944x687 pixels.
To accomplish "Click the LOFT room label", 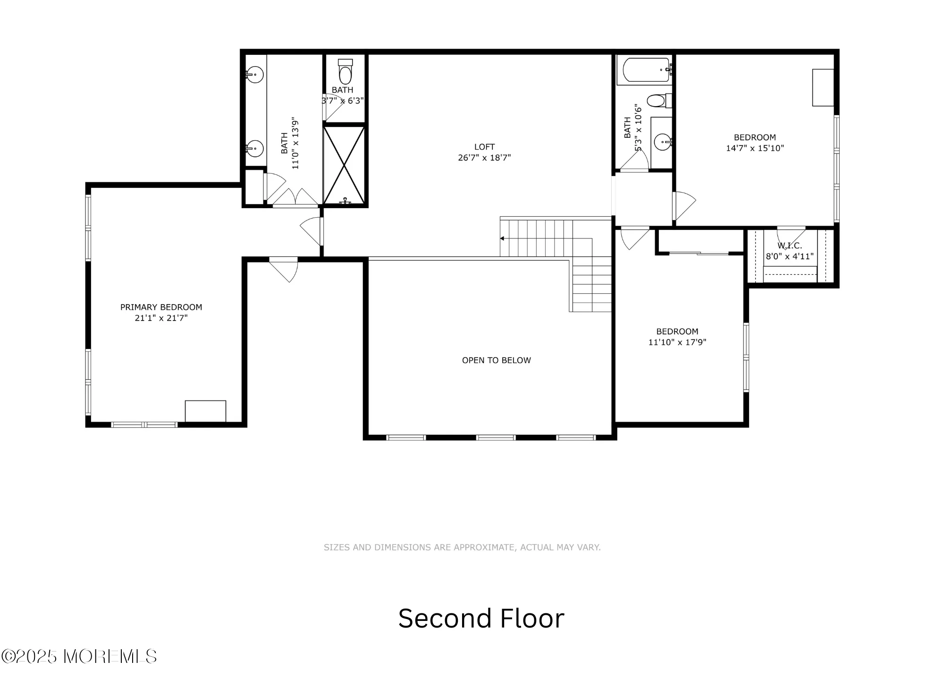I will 484,147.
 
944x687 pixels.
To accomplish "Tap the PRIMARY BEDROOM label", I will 161,307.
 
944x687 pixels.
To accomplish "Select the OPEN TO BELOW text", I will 496,360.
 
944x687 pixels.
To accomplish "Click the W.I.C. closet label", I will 790,246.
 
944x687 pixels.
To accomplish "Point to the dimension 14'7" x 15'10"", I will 755,148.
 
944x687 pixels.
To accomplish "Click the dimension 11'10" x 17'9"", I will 677,342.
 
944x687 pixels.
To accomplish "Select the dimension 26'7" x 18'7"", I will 484,158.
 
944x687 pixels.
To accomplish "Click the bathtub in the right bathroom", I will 645,70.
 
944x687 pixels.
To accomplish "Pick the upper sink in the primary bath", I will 255,74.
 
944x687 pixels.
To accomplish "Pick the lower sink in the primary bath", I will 255,149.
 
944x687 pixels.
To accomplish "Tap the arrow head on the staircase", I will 502,238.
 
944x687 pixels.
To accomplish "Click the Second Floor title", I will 481,618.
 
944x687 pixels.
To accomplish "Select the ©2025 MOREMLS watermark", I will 79,656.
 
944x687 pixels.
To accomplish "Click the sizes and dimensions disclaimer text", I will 462,547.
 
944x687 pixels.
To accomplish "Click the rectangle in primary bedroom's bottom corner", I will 205,411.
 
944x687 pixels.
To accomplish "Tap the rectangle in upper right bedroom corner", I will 823,87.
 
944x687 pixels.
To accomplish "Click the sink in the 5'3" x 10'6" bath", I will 664,141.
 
